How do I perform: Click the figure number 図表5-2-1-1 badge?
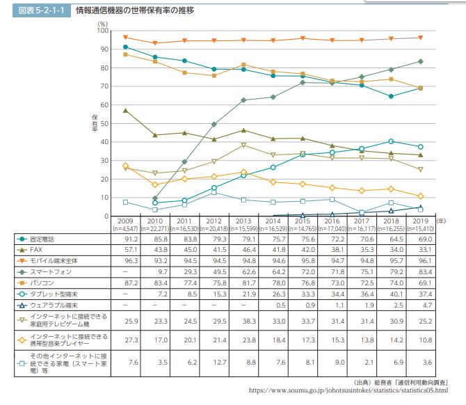tap(42, 10)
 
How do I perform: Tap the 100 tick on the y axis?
tap(102, 31)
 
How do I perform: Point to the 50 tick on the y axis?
tap(104, 123)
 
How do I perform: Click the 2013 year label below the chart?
tap(243, 221)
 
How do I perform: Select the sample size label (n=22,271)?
tap(155, 229)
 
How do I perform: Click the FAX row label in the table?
tap(36, 250)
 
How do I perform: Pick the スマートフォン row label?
tap(51, 272)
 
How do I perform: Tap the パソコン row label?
tap(42, 283)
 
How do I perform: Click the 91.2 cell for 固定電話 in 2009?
tap(131, 239)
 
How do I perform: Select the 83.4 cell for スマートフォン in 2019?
tap(425, 272)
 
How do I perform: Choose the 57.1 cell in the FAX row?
tap(131, 250)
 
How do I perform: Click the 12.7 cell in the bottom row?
tap(220, 363)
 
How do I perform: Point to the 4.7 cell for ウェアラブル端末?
tap(427, 305)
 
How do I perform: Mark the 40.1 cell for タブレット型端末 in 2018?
tap(396, 294)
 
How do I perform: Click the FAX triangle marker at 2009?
tap(125, 111)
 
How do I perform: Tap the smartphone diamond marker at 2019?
tap(421, 61)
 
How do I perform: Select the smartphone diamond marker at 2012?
tap(214, 125)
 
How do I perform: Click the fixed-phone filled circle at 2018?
tap(391, 96)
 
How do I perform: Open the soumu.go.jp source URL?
tap(348, 390)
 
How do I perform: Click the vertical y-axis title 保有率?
tap(95, 123)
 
